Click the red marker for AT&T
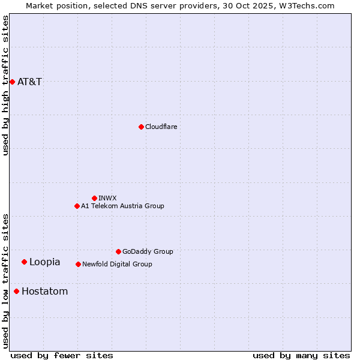coord(12,82)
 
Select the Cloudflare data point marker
coord(141,127)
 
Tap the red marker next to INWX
coord(94,198)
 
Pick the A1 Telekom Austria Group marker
coord(77,206)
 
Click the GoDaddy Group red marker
coord(118,251)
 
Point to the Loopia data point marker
coord(24,262)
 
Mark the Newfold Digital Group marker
coord(78,264)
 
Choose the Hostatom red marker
coord(16,292)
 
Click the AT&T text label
coord(30,82)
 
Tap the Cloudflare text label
coord(161,127)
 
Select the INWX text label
coord(107,198)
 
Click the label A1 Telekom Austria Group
coord(122,206)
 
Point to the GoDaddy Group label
coord(148,251)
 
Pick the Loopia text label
coord(45,262)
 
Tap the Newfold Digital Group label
coord(117,264)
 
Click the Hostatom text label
coord(45,292)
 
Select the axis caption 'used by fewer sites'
coord(62,355)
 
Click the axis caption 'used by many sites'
coord(301,355)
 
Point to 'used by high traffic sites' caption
coord(5,85)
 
